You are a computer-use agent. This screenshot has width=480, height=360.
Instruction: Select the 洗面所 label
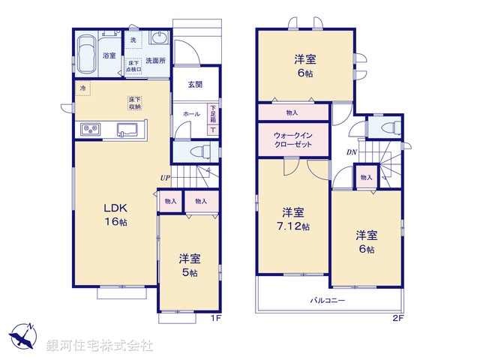pos(155,59)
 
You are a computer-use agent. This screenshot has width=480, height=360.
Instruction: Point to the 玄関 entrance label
pos(196,85)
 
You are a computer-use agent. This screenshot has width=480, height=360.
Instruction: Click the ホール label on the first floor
pos(191,113)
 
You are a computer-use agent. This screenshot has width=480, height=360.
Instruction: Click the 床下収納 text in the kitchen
pos(135,103)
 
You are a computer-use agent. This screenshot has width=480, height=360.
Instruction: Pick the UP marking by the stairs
pos(164,178)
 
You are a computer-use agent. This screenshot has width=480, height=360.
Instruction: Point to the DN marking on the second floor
pos(351,152)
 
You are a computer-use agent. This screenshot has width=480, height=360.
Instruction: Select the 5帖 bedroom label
pos(190,265)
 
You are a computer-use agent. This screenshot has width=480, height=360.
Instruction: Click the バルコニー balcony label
pos(328,300)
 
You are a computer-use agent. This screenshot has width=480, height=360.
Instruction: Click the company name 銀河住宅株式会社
pos(100,345)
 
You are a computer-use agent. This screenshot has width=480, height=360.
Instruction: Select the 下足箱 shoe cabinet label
pos(212,115)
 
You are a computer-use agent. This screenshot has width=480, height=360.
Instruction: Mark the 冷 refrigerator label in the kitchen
pos(81,88)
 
